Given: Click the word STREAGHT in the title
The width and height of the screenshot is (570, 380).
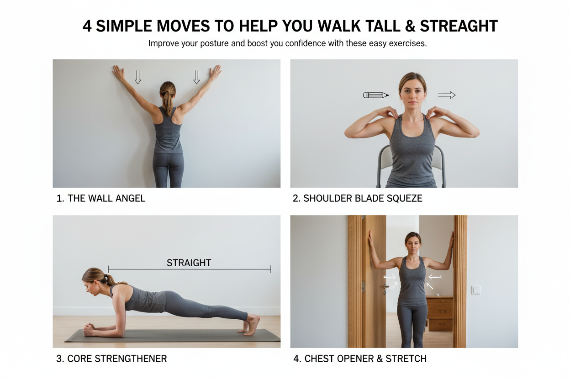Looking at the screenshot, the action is coord(459,26).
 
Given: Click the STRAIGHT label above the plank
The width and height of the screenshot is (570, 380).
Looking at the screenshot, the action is coord(189,263).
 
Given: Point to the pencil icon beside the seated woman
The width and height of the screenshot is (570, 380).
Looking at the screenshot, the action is coord(376,95).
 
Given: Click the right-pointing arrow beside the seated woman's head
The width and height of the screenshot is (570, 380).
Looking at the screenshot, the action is coord(447,95).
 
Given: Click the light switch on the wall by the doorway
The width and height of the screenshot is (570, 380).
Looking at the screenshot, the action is coord(476,290).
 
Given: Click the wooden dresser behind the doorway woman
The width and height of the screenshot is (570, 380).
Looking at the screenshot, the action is coord(440,312).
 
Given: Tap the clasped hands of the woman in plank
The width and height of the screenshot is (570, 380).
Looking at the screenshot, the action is coord(90,330).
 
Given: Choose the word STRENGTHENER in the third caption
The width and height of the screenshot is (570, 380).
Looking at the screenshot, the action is coord(131,359).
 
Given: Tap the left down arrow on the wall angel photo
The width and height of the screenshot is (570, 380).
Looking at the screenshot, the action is coord(137,77).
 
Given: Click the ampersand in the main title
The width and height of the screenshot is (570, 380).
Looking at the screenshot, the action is coord(410,26).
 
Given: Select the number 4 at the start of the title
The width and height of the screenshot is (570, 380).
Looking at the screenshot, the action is coord(87,26).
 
